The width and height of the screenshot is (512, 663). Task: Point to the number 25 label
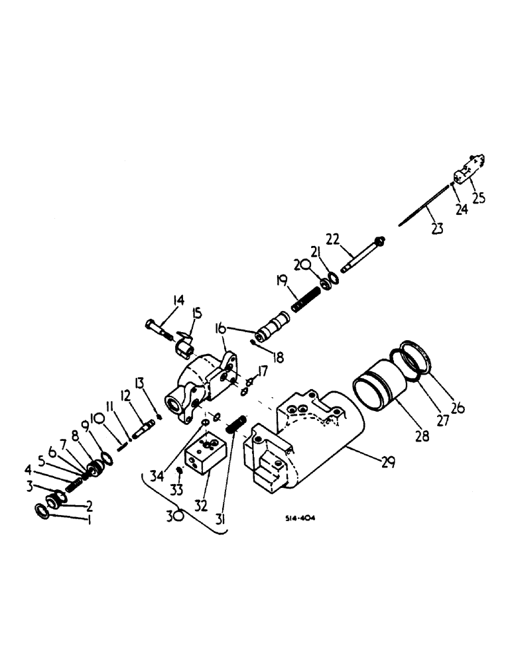coord(478,198)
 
